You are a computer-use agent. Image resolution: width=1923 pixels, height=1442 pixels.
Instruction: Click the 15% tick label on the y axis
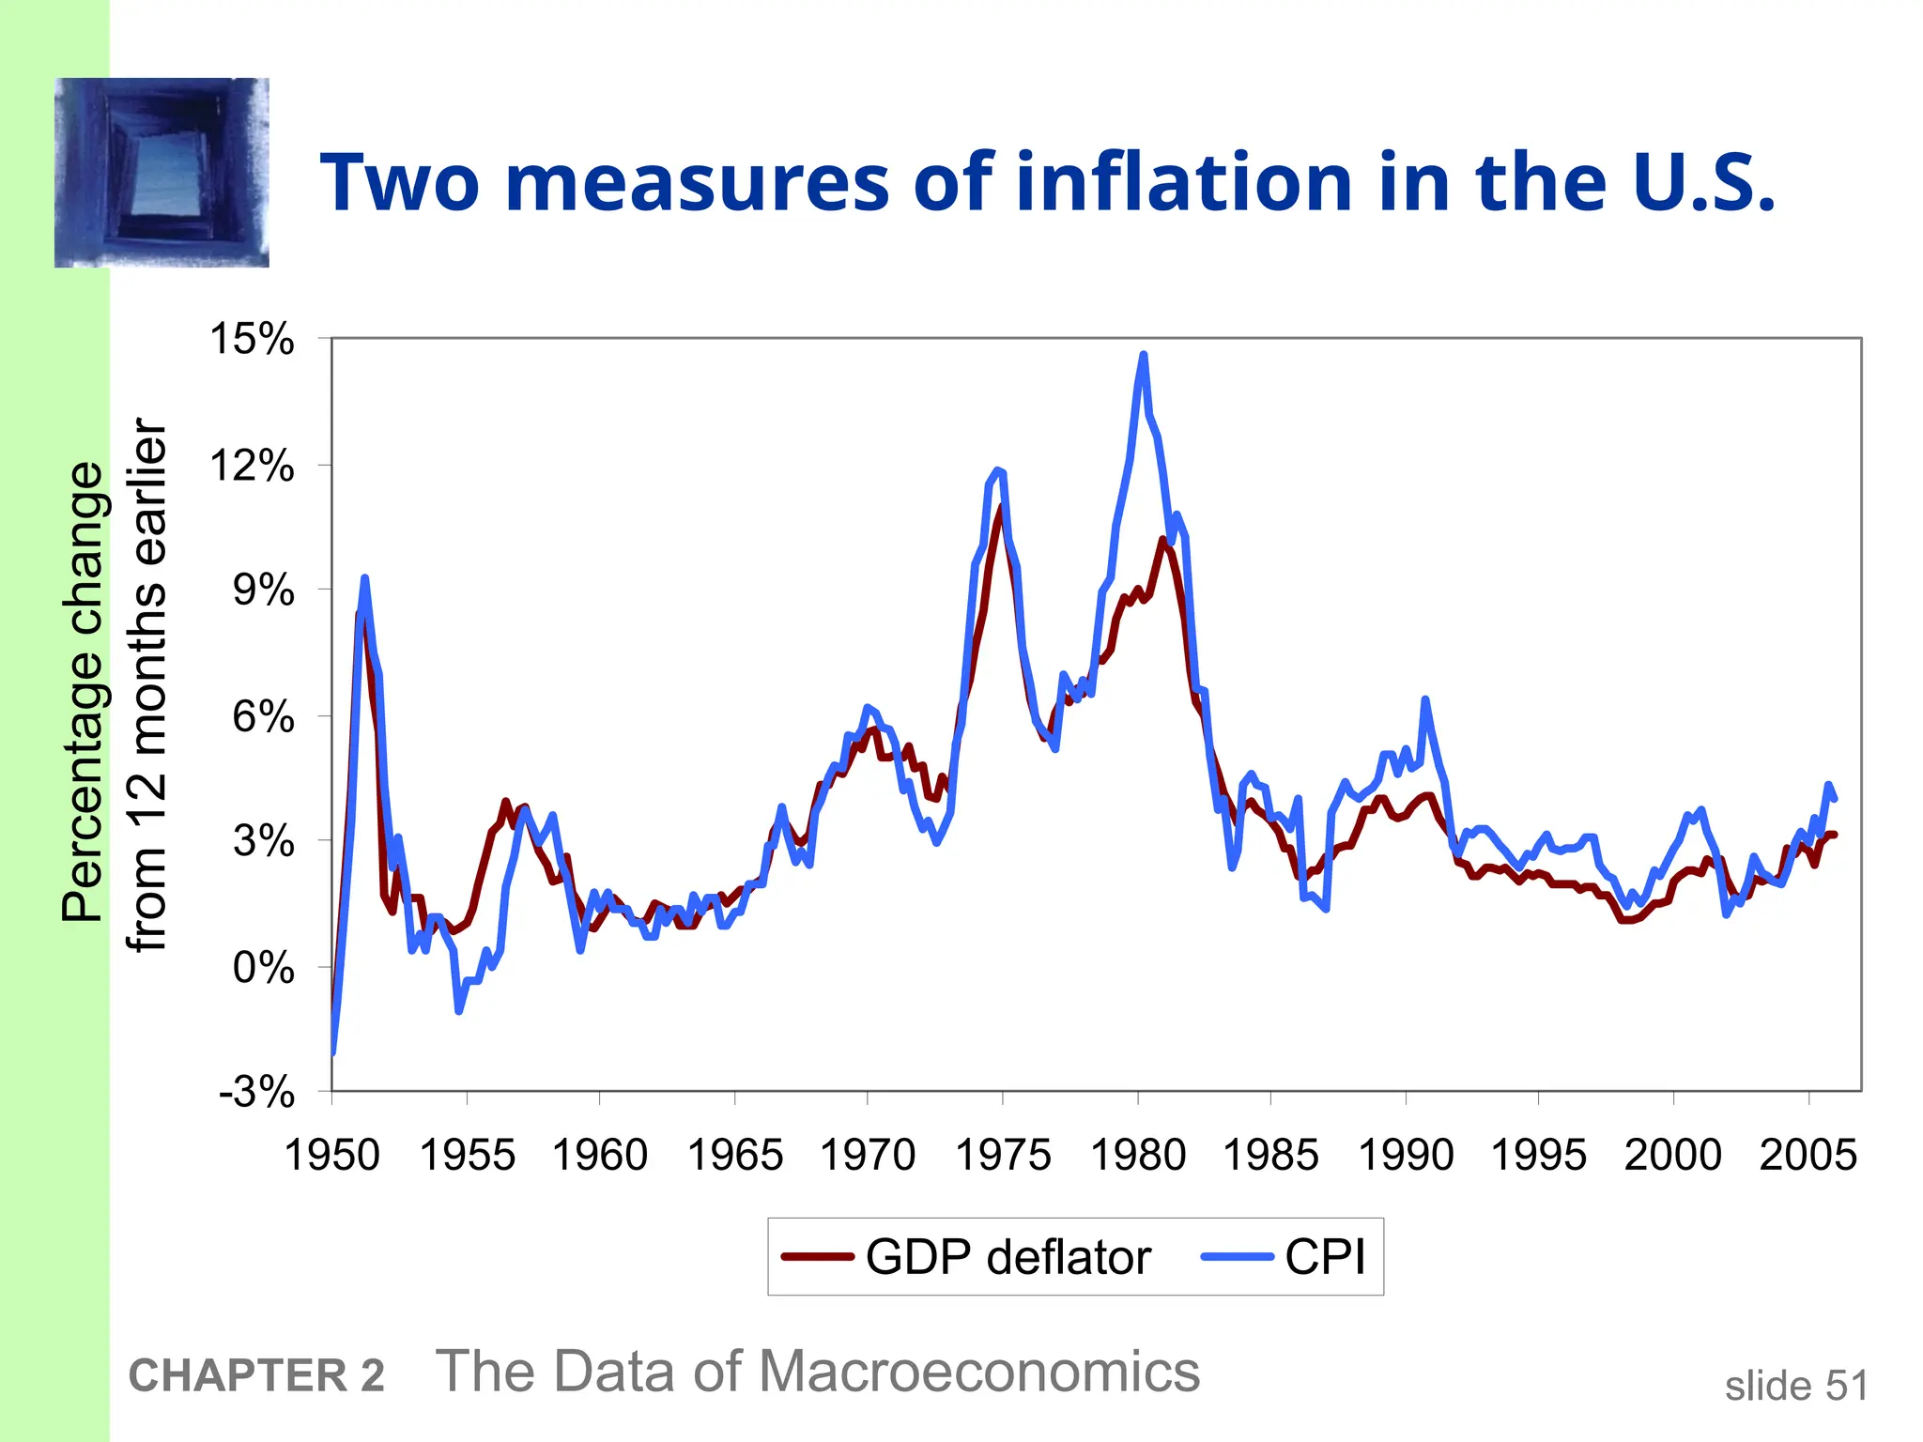click(x=251, y=339)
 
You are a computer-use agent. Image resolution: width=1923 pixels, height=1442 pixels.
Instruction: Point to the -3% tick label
click(x=256, y=1093)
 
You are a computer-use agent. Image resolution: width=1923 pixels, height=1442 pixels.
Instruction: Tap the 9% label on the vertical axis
click(x=263, y=591)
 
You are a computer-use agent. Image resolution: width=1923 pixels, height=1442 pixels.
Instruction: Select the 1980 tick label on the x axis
click(x=1138, y=1155)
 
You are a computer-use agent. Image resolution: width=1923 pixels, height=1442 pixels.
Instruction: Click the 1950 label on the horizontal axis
click(x=331, y=1155)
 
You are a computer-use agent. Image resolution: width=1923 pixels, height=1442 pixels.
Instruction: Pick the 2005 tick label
click(x=1808, y=1155)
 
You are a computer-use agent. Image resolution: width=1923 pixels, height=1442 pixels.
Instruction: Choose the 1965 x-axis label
click(x=734, y=1155)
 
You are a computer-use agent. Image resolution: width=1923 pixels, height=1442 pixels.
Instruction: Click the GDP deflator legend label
click(x=1008, y=1257)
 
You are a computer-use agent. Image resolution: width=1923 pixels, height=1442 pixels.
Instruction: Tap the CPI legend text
click(x=1324, y=1257)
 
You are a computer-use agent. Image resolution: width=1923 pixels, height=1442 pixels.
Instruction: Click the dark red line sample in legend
click(x=818, y=1257)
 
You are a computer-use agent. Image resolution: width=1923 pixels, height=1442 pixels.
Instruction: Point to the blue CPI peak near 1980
click(x=1143, y=356)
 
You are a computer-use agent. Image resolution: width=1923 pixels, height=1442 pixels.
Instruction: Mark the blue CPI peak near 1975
click(x=997, y=470)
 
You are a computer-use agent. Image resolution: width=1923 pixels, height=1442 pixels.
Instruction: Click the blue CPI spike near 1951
click(x=364, y=578)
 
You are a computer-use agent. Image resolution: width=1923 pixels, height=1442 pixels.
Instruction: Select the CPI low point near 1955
click(x=458, y=1011)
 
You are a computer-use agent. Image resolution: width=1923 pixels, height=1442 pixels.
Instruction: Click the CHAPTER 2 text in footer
click(x=256, y=1376)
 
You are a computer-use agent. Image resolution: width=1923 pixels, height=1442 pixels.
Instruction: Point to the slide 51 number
click(x=1795, y=1386)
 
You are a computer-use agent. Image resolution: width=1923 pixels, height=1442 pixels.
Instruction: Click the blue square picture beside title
click(x=162, y=173)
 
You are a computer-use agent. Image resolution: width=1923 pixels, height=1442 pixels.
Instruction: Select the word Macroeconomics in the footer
click(x=978, y=1372)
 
